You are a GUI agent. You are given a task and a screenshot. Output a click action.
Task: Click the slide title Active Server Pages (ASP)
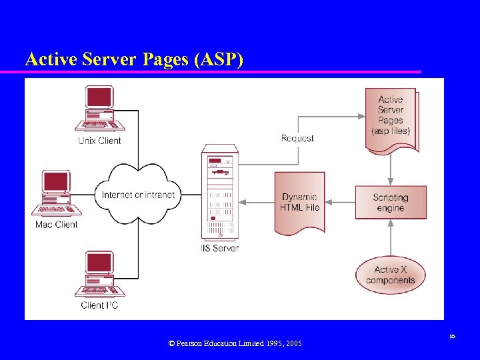coord(134,59)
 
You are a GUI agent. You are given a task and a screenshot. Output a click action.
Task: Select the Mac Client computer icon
coord(57,193)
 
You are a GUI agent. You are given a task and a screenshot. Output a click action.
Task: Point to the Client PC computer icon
coord(99,274)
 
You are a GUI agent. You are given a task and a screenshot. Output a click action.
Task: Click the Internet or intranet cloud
coord(138,195)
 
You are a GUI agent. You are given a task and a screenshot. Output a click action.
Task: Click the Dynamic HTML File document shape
coord(299,203)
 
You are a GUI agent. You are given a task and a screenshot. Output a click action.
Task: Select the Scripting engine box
coord(390,203)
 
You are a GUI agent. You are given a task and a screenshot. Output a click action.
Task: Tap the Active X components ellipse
coord(390,275)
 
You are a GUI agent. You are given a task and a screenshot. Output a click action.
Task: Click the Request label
coord(297,138)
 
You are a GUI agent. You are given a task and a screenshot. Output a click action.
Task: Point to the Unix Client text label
coord(99,141)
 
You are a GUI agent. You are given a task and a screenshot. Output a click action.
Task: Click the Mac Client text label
coord(57,225)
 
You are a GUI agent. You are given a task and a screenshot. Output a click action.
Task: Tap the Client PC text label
coord(101,305)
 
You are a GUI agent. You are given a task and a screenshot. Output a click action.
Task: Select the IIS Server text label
coord(219,248)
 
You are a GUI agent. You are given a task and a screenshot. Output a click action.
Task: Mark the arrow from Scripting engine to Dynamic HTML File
coord(339,203)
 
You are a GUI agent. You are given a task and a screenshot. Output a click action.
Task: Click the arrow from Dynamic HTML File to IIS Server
coord(257,203)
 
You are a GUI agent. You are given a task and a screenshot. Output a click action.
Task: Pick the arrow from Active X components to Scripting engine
coord(391,237)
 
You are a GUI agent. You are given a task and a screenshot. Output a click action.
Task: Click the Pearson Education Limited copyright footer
coord(235,343)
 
